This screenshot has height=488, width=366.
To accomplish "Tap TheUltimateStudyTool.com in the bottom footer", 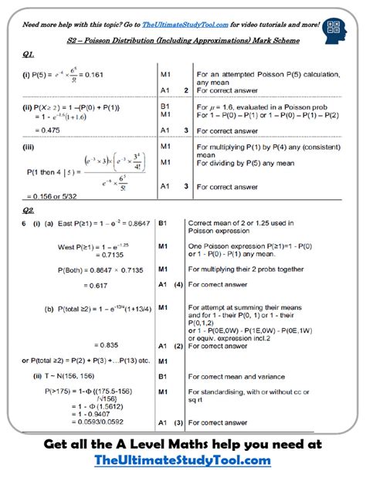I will pos(182,461).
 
